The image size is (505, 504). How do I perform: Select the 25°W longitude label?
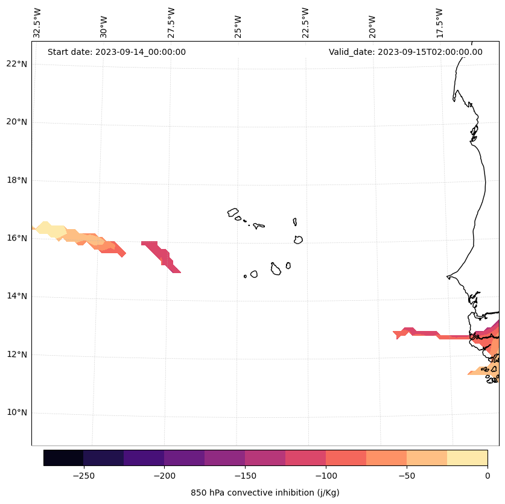click(238, 24)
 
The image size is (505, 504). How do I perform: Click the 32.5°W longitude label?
click(37, 24)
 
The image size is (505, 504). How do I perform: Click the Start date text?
click(116, 52)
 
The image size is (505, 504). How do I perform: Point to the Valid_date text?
click(405, 52)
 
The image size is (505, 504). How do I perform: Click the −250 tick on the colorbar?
click(83, 476)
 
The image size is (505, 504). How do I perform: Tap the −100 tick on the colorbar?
click(326, 476)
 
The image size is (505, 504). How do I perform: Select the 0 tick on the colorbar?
click(488, 476)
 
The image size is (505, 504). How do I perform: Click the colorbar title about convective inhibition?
click(265, 493)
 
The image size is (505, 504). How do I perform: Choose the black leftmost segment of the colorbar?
click(63, 458)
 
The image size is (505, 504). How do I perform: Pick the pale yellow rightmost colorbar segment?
click(467, 458)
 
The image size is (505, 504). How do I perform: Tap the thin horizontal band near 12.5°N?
click(434, 335)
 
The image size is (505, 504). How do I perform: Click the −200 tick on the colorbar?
click(164, 476)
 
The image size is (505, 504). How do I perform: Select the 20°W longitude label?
click(372, 24)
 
